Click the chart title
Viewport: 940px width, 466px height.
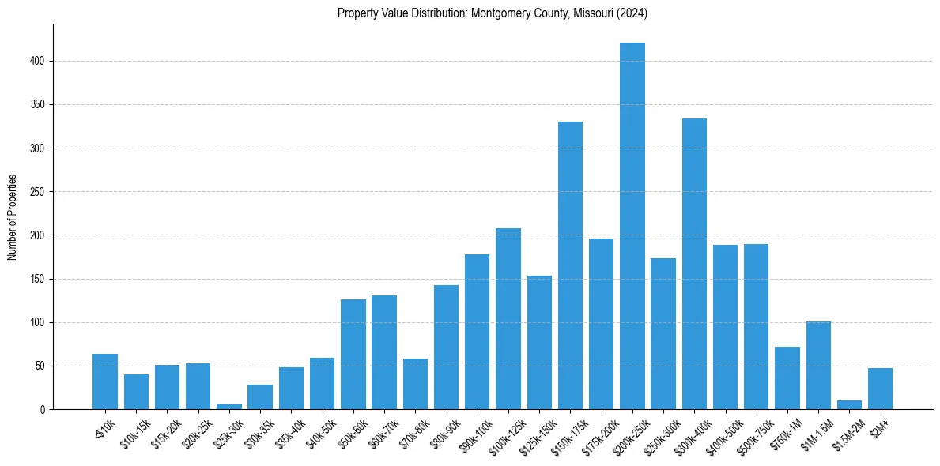coord(493,13)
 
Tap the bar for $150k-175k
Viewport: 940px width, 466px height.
coord(570,265)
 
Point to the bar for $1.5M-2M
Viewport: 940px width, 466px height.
coord(849,405)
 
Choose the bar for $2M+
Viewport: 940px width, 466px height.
coord(880,389)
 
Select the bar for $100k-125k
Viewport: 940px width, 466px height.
coord(508,318)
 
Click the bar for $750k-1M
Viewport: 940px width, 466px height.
coord(787,378)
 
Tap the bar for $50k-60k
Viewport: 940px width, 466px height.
coord(353,354)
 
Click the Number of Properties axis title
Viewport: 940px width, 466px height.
coord(12,217)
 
